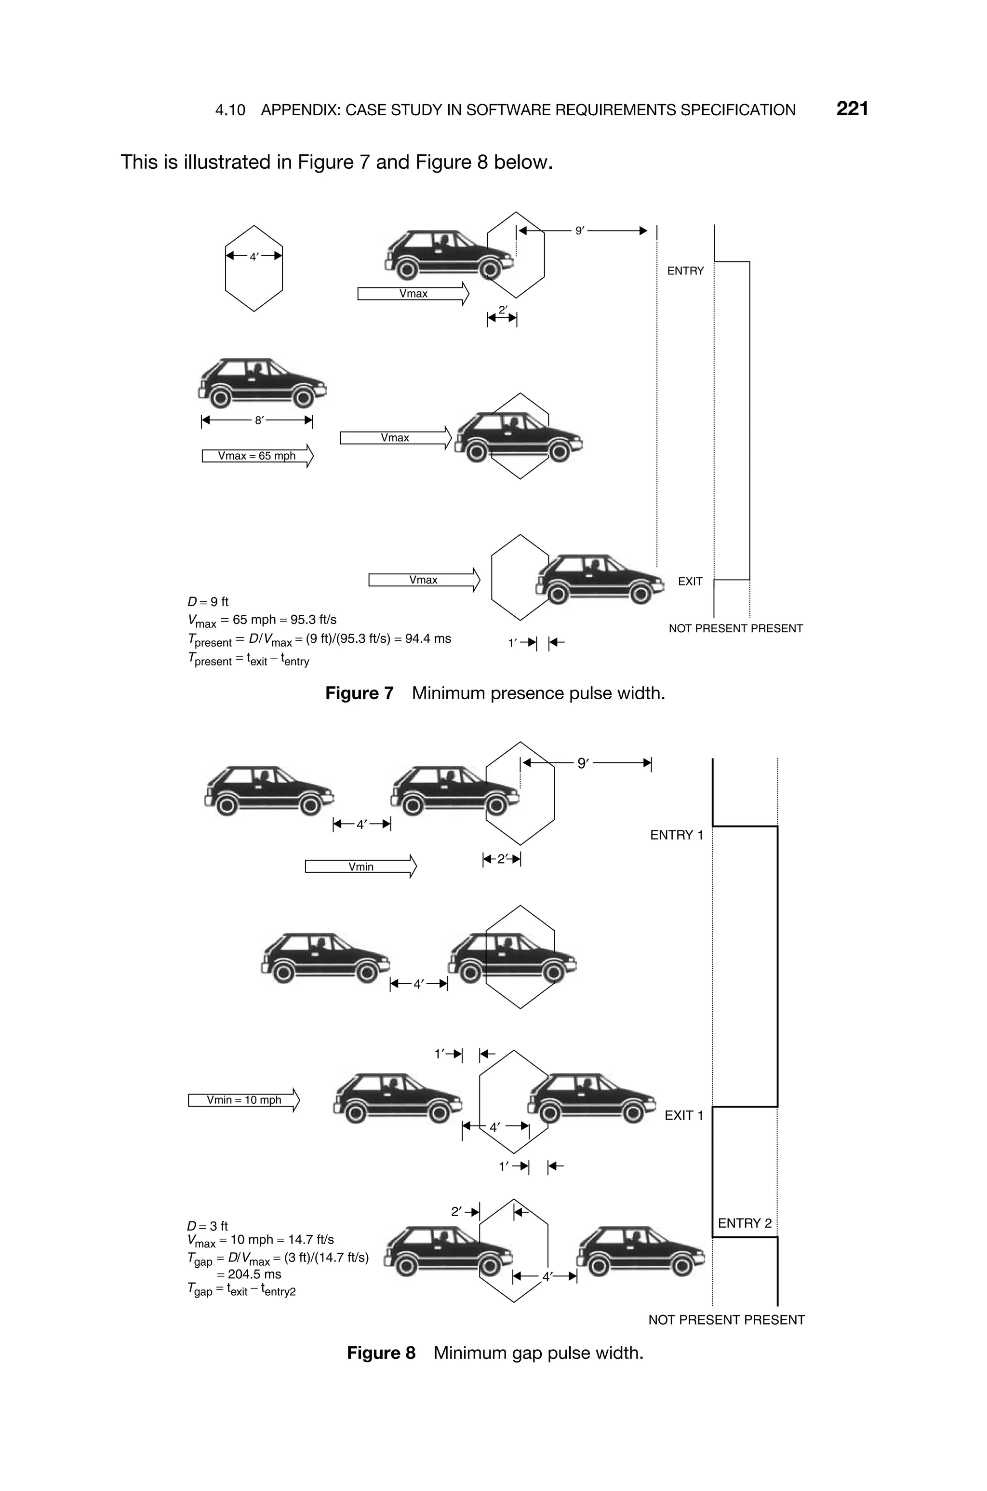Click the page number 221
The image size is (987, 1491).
click(x=852, y=109)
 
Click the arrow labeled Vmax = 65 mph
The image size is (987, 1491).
click(x=257, y=456)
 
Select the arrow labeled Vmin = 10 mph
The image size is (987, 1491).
click(x=243, y=1100)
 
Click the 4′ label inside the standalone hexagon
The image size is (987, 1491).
click(x=253, y=257)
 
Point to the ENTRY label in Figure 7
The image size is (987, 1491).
click(x=685, y=271)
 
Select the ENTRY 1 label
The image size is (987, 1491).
click(x=676, y=835)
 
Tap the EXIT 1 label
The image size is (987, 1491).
click(x=683, y=1115)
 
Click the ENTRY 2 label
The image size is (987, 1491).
click(x=744, y=1223)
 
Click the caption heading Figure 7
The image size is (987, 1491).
click(x=359, y=693)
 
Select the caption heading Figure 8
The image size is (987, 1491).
click(x=381, y=1353)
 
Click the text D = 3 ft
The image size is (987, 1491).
click(x=208, y=1225)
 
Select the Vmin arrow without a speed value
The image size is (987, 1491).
click(x=360, y=867)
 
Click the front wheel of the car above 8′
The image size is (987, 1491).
click(x=303, y=397)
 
